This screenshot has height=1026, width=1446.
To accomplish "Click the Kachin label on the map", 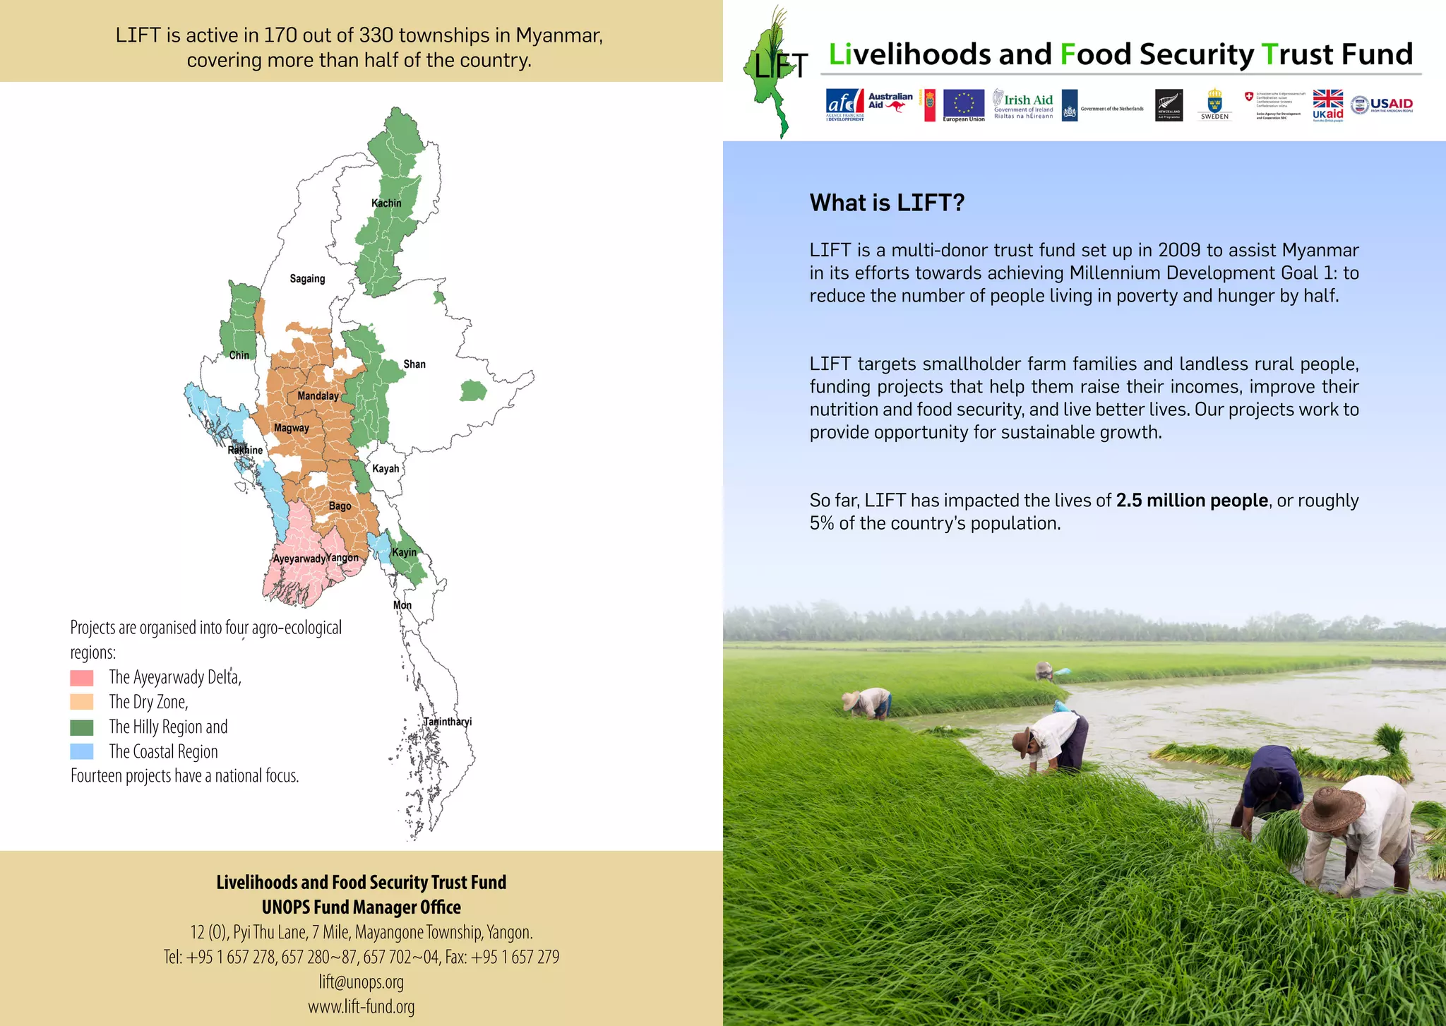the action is (386, 203).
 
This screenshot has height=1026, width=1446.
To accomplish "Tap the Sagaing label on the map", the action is (307, 279).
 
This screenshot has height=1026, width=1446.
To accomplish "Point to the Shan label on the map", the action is (414, 364).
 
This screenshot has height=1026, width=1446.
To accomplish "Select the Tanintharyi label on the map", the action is (448, 722).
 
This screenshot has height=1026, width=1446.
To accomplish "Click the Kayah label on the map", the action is (386, 469).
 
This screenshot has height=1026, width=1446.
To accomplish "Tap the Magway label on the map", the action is (291, 428).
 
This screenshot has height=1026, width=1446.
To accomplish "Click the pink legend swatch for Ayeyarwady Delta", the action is (82, 678).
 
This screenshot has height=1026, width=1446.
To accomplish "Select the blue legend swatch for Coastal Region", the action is (82, 751).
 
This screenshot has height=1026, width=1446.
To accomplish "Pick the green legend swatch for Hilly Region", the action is (82, 727).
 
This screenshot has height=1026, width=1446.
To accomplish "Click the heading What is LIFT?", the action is (887, 203).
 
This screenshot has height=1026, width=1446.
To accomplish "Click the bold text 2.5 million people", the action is (1192, 501).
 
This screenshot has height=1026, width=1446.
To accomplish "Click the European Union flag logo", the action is (963, 105).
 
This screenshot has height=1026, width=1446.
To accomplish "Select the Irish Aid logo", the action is (1023, 105).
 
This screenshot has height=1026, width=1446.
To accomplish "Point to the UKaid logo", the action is (1328, 105).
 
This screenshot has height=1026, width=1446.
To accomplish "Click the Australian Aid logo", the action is (890, 102).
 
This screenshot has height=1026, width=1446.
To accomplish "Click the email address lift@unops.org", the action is (361, 982).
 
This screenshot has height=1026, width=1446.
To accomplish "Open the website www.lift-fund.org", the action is (361, 1007).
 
